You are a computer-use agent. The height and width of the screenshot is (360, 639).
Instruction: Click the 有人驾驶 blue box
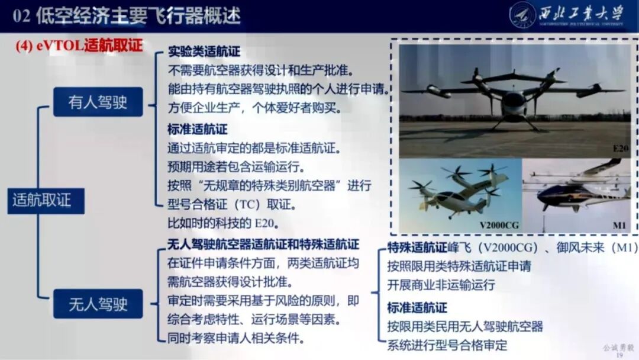(x=98, y=102)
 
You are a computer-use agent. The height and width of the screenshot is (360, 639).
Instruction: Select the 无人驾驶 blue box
(x=98, y=304)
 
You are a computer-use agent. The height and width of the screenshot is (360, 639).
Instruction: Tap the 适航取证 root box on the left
(x=42, y=200)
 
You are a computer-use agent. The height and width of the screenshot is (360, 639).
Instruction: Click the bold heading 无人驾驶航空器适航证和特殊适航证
(x=263, y=245)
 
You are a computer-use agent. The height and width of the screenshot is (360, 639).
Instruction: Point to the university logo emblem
(x=522, y=15)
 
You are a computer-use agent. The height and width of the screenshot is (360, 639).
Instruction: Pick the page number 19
(x=620, y=355)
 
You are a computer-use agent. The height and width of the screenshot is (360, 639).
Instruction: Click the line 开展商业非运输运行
(x=441, y=285)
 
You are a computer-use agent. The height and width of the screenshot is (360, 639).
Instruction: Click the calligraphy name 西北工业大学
(x=583, y=12)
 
